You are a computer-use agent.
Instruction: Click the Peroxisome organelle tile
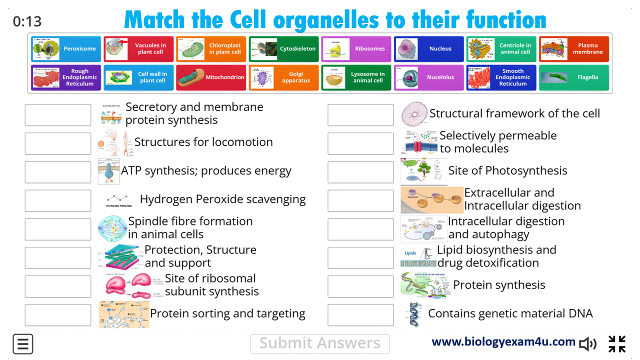66,49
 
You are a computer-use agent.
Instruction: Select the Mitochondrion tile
211,77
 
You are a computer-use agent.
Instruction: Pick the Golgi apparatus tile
283,77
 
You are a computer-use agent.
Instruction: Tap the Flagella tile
573,77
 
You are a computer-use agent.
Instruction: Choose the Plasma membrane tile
573,49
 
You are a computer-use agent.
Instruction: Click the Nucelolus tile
428,77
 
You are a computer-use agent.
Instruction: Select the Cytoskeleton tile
283,49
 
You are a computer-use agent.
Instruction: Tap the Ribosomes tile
356,49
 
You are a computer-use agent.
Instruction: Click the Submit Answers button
319,343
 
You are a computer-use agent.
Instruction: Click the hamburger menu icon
23,344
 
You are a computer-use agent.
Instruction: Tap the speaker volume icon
588,343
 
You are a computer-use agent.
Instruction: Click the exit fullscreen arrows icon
617,344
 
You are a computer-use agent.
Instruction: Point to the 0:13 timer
27,21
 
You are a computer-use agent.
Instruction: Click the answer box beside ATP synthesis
58,172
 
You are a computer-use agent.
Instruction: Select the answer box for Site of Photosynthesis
360,172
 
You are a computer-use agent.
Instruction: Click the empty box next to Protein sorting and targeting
58,315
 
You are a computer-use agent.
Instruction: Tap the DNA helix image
414,314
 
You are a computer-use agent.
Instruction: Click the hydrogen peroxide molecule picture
119,200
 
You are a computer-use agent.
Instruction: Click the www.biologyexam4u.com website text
503,341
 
